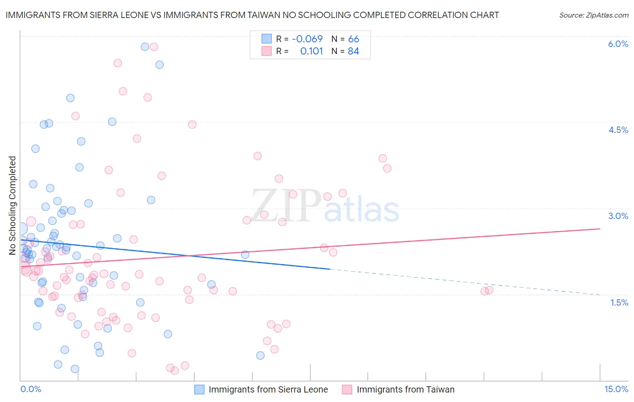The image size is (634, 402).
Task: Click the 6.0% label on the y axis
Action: click(618, 44)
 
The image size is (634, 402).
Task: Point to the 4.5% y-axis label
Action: click(618, 130)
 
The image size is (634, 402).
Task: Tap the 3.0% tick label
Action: click(618, 216)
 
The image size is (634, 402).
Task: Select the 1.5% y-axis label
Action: click(619, 302)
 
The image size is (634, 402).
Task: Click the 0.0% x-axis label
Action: click(31, 389)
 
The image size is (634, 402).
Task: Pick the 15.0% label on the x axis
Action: click(616, 389)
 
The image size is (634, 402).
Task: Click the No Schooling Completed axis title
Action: click(12, 206)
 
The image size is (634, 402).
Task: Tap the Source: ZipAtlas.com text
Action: click(593, 15)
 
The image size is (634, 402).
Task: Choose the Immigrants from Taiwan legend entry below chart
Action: click(405, 389)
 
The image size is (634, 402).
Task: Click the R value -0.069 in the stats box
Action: click(307, 39)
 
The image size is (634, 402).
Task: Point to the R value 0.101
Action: click(312, 51)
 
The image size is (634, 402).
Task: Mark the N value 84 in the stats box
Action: click(354, 51)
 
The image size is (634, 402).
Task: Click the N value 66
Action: click(354, 39)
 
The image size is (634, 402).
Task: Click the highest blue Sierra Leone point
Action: click(145, 47)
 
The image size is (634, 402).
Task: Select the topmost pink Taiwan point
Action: click(154, 47)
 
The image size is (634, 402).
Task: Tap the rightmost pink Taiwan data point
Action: click(489, 290)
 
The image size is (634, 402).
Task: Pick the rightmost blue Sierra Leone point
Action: click(260, 356)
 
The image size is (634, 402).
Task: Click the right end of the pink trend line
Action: click(600, 228)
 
